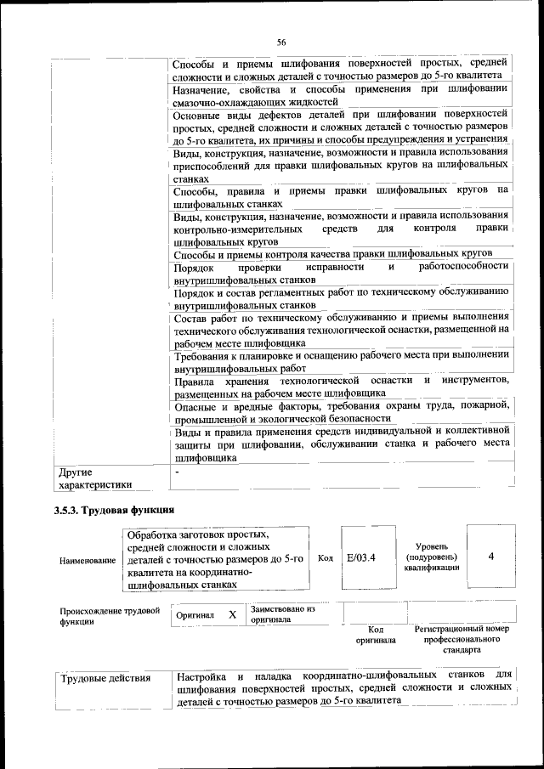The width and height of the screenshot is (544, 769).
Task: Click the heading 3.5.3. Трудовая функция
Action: click(x=114, y=511)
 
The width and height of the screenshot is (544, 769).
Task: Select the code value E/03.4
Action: click(x=361, y=557)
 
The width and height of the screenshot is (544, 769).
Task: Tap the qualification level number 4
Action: click(x=491, y=557)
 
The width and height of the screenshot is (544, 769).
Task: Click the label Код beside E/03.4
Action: click(x=325, y=558)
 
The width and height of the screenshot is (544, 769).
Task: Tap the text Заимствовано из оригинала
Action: click(x=283, y=614)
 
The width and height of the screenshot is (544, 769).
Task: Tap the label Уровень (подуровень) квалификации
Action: click(x=433, y=557)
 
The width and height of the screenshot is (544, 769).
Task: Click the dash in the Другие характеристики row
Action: click(x=177, y=471)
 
